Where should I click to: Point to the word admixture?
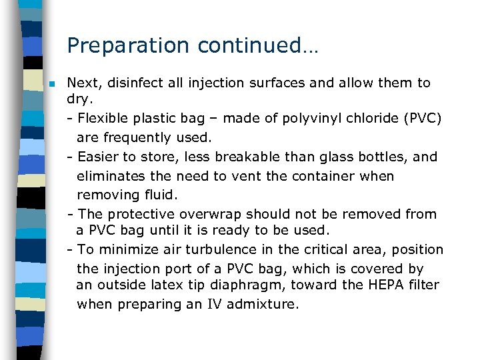262,305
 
